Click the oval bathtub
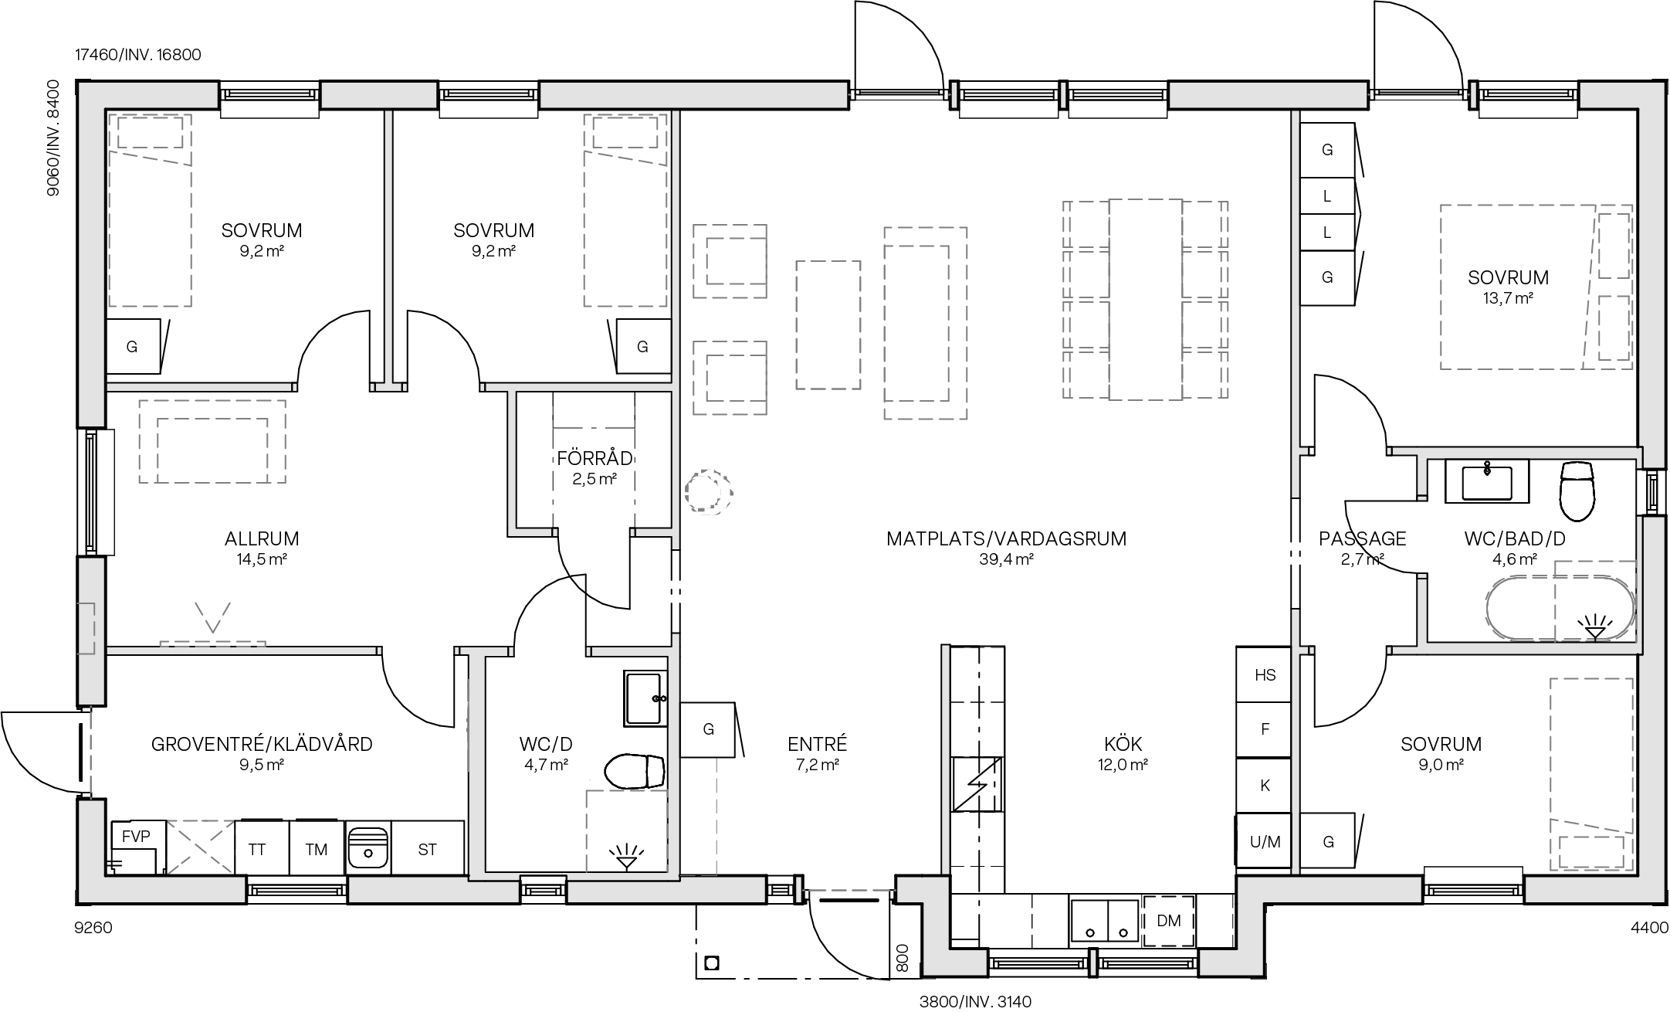(1560, 608)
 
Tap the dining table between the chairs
(1145, 300)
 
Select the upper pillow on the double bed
(1614, 246)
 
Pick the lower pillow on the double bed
(1614, 328)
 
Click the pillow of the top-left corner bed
(150, 132)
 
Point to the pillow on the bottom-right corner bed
(1590, 853)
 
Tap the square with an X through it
(201, 847)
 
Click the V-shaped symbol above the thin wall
(212, 616)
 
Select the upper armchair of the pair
(730, 261)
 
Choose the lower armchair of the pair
(730, 378)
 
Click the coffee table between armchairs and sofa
(828, 325)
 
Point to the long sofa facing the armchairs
(925, 323)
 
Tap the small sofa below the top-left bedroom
(212, 441)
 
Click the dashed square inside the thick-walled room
(626, 831)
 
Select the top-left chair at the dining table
(1086, 225)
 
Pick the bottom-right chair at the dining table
(1204, 374)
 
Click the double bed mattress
(1513, 287)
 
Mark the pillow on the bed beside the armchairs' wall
(625, 132)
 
